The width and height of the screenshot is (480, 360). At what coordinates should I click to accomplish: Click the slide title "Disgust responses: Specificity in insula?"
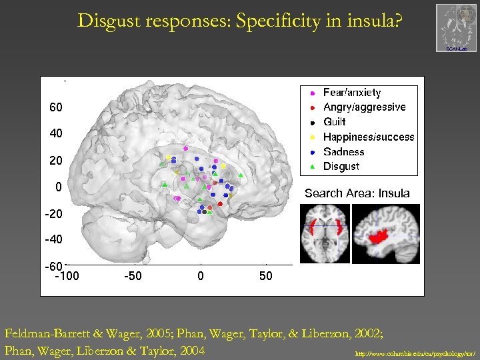(240, 21)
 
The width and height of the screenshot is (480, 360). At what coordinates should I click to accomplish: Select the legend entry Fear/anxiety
(351, 93)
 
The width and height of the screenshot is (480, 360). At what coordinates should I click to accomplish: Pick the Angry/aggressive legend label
(364, 107)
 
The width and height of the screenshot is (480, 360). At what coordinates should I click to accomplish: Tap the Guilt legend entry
(334, 122)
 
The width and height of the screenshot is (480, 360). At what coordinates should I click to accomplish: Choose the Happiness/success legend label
(368, 137)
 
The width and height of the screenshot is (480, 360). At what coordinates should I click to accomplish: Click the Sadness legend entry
(343, 151)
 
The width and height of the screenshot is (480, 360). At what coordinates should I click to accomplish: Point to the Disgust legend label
(341, 166)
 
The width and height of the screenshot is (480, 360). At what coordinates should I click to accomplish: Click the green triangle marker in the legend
(313, 167)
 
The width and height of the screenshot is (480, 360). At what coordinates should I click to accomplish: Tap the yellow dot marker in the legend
(313, 137)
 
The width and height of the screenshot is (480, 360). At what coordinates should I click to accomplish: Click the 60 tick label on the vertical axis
(55, 107)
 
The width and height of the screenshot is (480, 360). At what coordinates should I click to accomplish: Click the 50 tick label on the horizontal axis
(265, 276)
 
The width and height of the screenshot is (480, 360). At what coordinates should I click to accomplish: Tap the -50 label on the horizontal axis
(133, 276)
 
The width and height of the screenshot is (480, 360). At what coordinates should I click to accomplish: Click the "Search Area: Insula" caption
(357, 193)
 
